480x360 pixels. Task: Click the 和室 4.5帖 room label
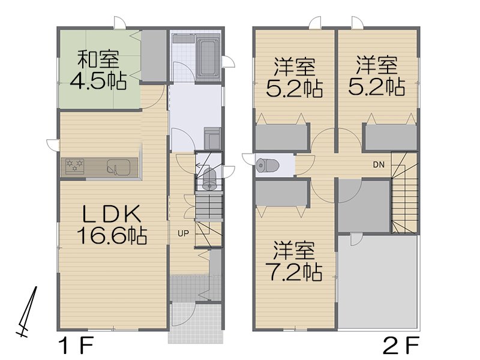98,70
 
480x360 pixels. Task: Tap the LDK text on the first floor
112,214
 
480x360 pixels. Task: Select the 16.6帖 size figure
112,235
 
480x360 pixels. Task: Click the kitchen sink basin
118,167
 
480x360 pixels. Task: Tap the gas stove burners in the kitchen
74,166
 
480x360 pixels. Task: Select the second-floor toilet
268,166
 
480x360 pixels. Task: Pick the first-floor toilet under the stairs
209,179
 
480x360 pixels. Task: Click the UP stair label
184,233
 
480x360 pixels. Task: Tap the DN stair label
379,164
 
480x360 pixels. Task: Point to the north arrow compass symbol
26,311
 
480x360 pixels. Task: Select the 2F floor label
401,346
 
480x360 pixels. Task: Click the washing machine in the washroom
212,139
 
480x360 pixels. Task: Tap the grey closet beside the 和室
154,56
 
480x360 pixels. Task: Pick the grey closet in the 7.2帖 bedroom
281,193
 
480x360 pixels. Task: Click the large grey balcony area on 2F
379,281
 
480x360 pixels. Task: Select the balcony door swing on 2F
356,239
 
